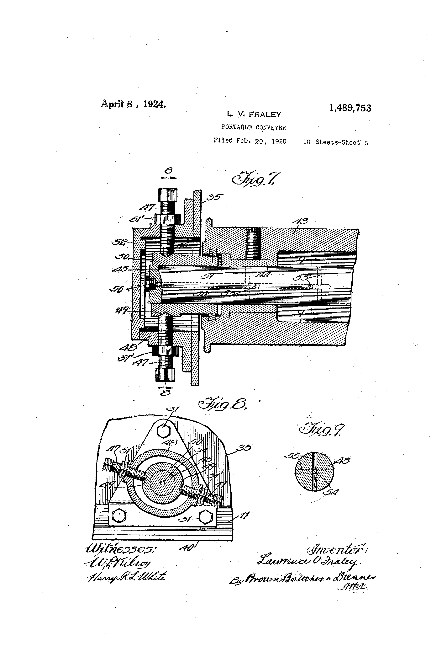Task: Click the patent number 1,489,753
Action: [x=350, y=108]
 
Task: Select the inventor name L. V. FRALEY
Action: [x=254, y=115]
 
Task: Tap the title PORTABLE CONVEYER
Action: [x=253, y=127]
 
